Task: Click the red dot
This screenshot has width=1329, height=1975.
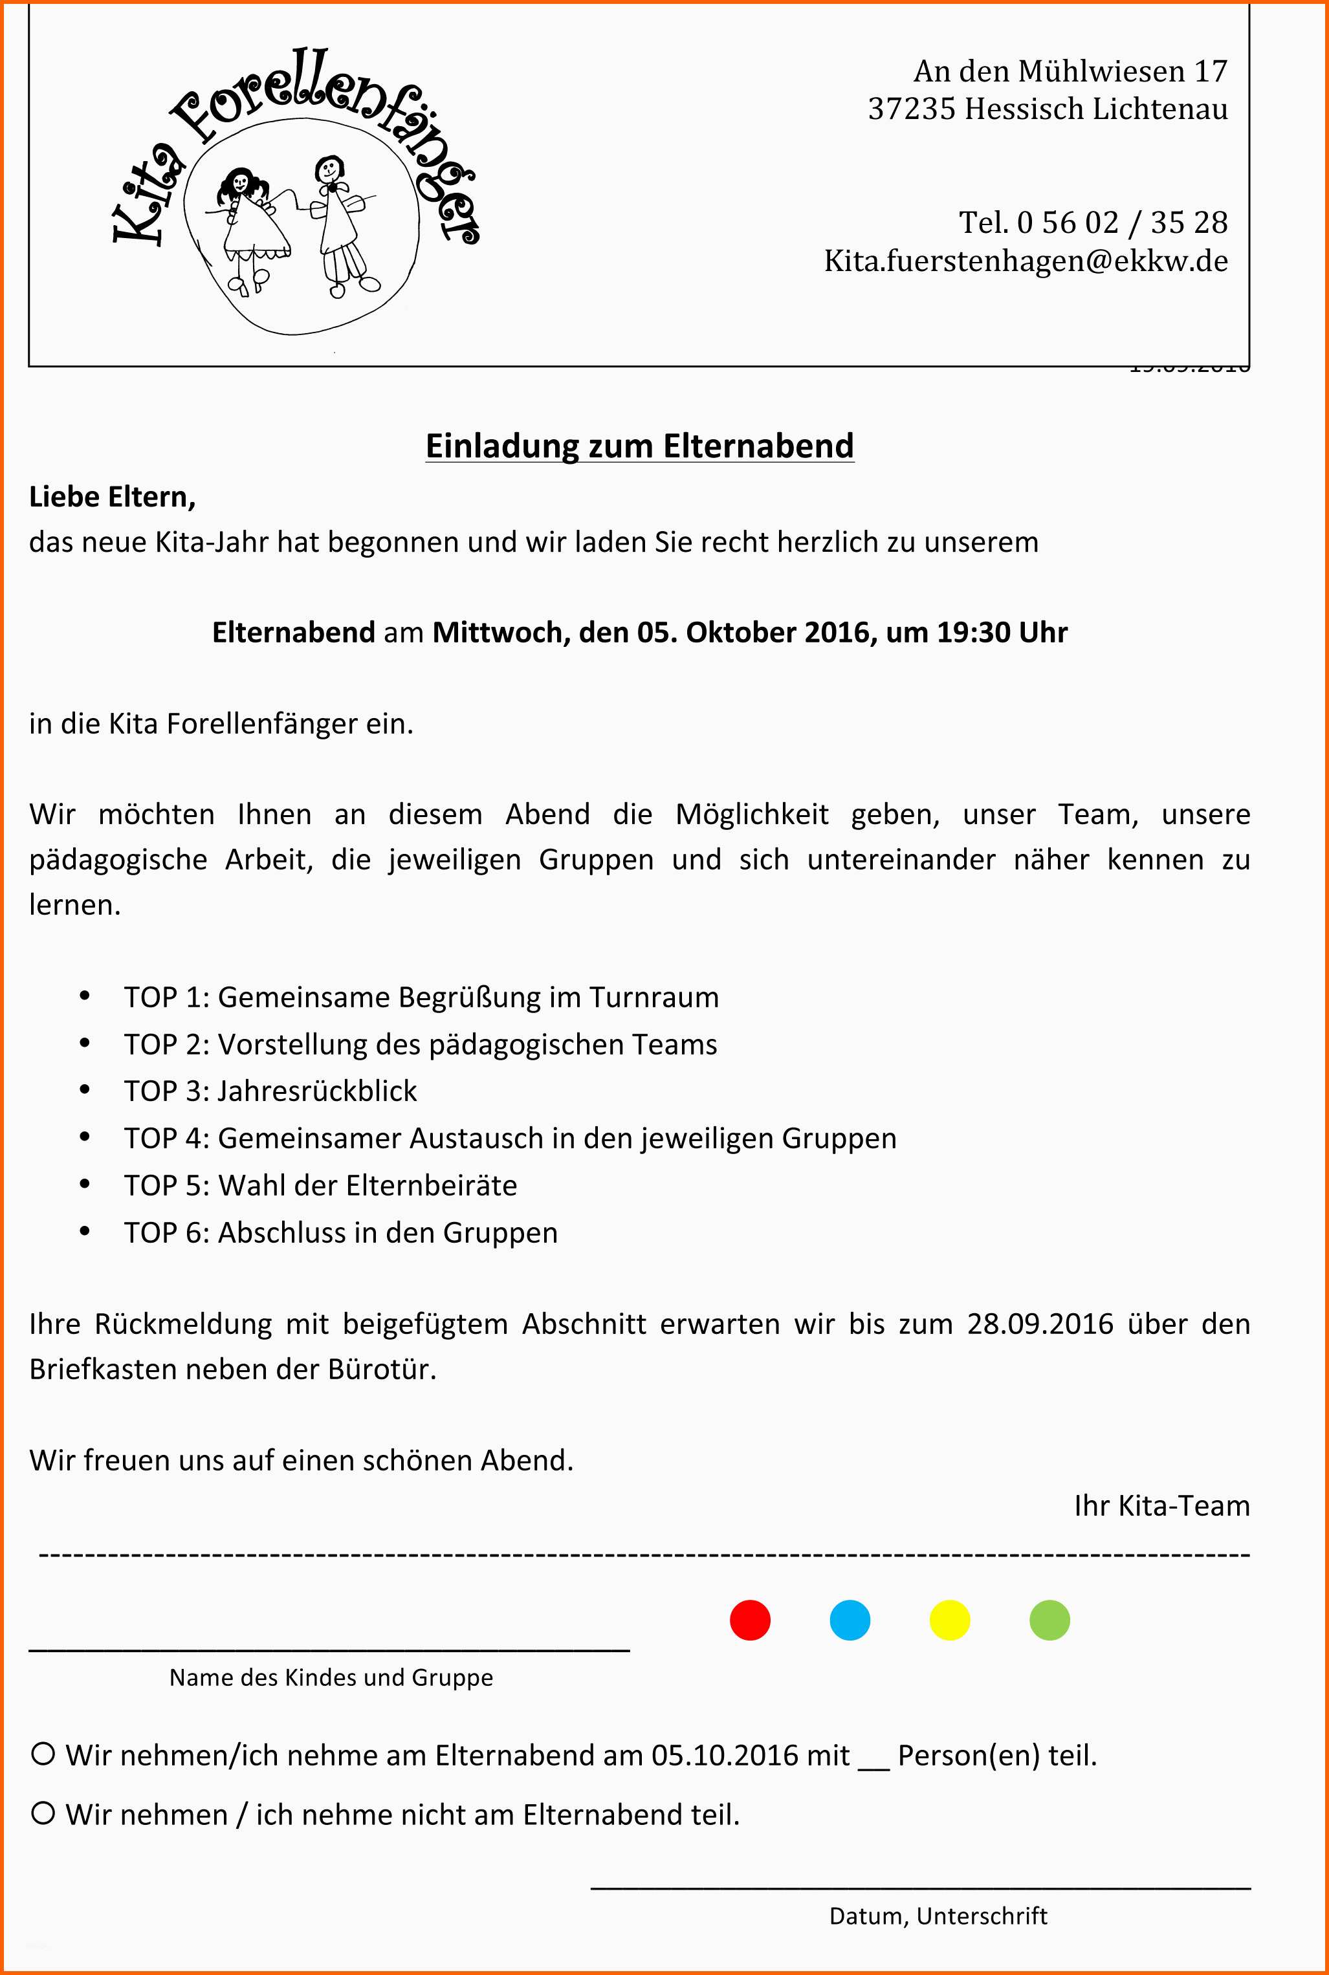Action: point(750,1620)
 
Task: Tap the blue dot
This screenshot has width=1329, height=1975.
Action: point(850,1620)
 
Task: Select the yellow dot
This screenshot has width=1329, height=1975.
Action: point(949,1620)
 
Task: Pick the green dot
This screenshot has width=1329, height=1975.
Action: point(1049,1620)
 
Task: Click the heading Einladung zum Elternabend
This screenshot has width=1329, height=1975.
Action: point(639,446)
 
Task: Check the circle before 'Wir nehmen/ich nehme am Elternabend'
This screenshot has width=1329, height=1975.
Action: point(43,1753)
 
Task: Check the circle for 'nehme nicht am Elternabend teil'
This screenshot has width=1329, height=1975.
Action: point(43,1813)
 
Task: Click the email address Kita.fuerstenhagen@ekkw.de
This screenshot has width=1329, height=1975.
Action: point(1026,260)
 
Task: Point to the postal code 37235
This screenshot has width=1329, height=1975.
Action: point(911,109)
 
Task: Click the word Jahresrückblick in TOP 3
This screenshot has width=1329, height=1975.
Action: point(317,1091)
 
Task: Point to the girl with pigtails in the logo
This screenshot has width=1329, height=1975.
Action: point(245,216)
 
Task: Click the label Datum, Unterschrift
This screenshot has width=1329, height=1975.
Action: point(938,1915)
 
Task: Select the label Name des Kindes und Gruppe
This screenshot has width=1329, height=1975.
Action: point(331,1677)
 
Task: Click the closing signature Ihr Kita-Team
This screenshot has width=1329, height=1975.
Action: point(1161,1505)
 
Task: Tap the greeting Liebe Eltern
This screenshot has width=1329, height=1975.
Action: point(112,497)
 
